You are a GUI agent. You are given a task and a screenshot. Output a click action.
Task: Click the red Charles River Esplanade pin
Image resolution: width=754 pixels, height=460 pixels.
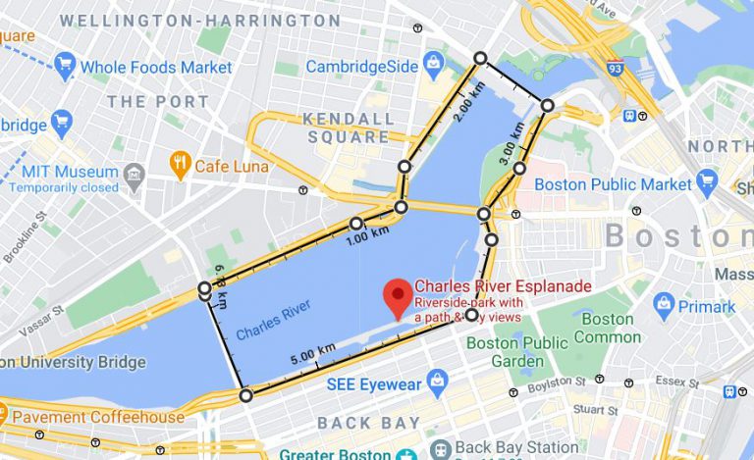(x=397, y=295)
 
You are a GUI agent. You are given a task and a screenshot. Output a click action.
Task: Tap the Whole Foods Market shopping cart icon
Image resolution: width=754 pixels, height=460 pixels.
(x=66, y=67)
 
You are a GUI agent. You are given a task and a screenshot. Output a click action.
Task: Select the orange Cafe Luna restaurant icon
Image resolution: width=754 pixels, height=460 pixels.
(x=180, y=165)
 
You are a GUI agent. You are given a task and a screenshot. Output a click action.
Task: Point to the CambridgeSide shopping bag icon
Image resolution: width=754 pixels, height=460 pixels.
(x=434, y=67)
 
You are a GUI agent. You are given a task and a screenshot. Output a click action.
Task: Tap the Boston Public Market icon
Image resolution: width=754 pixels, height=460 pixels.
(x=707, y=182)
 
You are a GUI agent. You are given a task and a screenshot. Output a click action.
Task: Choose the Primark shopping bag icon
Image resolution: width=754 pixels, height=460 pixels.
(x=665, y=306)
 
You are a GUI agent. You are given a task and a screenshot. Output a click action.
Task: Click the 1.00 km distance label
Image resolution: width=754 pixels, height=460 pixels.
(x=368, y=233)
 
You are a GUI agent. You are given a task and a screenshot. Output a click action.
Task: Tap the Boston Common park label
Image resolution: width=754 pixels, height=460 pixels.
(x=607, y=328)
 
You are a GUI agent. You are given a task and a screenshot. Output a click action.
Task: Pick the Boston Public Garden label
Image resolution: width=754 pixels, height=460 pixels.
(x=516, y=351)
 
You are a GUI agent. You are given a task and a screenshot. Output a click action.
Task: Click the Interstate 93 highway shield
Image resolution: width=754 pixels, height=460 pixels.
(x=615, y=69)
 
